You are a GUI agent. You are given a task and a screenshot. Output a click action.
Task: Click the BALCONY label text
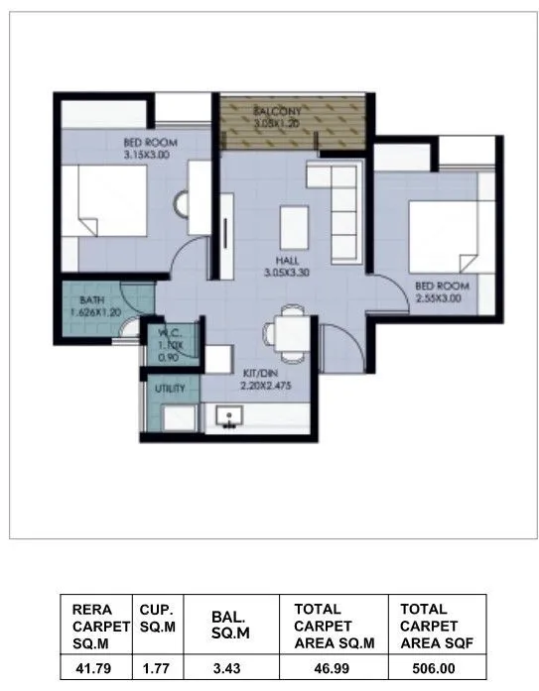coord(277,110)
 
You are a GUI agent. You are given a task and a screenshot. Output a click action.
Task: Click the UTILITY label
coord(170,388)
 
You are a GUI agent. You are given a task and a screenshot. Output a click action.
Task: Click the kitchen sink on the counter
coord(229,418)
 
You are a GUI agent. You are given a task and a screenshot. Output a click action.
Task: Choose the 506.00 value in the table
coord(437,668)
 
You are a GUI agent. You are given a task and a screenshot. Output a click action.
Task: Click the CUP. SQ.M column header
coord(158,618)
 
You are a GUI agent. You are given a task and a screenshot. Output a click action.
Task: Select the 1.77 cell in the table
coord(157,668)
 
